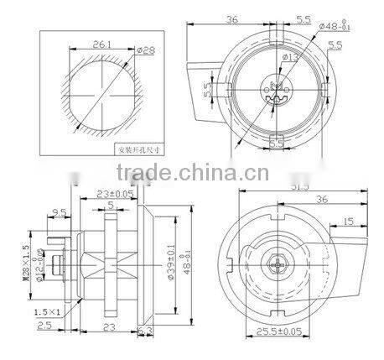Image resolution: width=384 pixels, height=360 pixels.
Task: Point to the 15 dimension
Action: (347, 221)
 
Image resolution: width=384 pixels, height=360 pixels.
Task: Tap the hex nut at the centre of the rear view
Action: (276, 261)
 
